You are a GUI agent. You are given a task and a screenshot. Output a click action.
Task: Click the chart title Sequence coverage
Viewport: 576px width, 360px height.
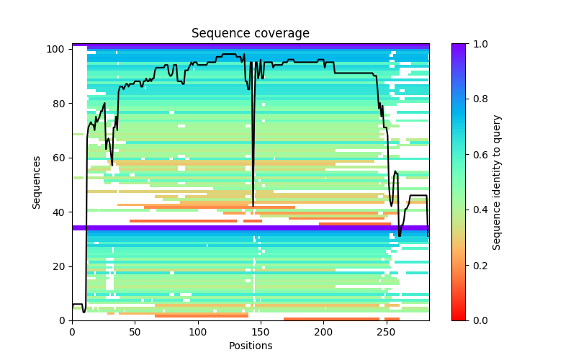coord(250,33)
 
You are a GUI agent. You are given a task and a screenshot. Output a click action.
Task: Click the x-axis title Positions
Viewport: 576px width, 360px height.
coord(250,346)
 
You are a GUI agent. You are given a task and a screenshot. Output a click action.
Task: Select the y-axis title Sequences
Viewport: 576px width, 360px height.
coord(37,182)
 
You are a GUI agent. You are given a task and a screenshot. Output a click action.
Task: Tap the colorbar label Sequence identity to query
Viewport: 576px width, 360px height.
coord(497,182)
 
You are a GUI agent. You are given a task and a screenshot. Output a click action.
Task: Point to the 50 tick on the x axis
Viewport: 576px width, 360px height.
coord(135,320)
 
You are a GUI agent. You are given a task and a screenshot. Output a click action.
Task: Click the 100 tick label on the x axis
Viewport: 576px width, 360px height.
coord(198,332)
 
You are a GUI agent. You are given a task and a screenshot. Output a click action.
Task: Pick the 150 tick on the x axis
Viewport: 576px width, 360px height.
coord(261,320)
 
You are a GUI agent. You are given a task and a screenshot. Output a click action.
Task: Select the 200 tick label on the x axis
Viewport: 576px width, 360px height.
coord(323,332)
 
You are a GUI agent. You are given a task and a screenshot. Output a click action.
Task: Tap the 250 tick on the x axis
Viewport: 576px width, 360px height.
coord(387,320)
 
